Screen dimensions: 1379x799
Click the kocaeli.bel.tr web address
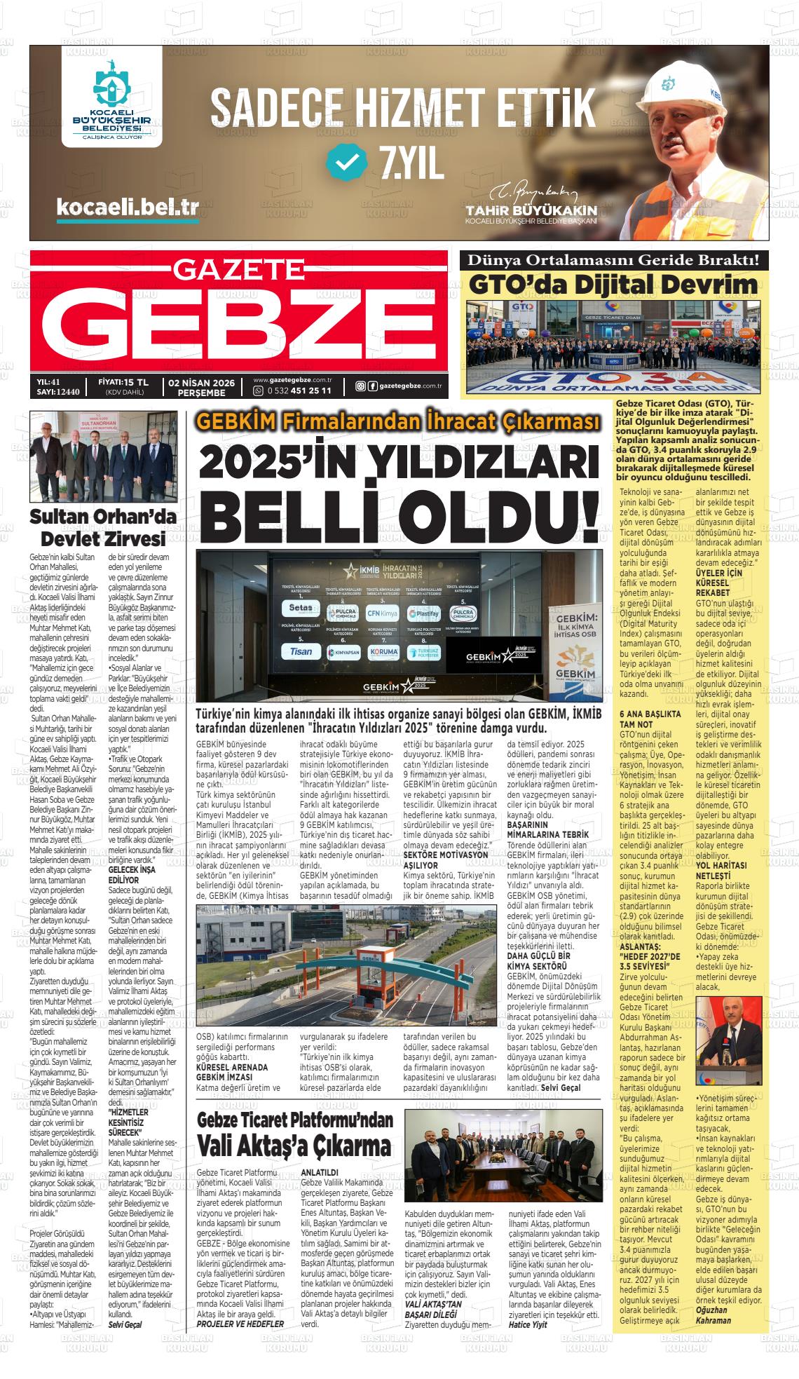pyautogui.click(x=127, y=207)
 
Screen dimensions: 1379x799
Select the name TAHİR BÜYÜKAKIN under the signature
pyautogui.click(x=531, y=210)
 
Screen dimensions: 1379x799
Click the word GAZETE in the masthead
pyautogui.click(x=239, y=267)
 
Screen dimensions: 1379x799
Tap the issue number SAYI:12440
pyautogui.click(x=58, y=391)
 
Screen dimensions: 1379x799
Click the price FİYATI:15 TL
pyautogui.click(x=124, y=381)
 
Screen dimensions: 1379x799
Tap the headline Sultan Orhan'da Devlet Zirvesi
pyautogui.click(x=102, y=528)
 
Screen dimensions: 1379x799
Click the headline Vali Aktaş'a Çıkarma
pyautogui.click(x=294, y=1146)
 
